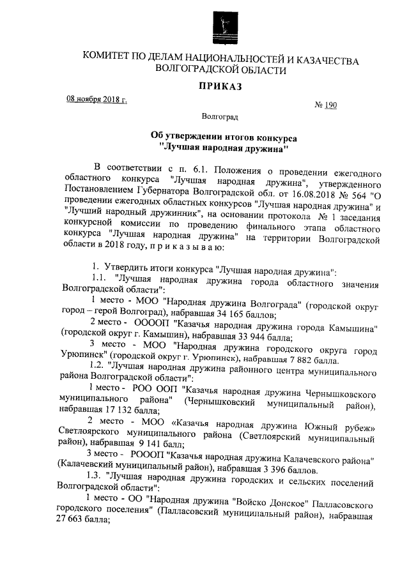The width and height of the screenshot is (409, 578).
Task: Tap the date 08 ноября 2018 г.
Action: [97, 100]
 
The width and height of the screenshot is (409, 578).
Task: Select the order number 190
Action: [330, 105]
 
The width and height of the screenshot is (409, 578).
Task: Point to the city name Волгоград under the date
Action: [220, 118]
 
